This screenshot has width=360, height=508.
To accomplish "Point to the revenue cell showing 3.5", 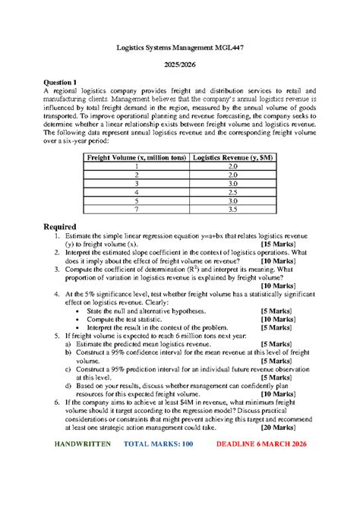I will (x=233, y=209).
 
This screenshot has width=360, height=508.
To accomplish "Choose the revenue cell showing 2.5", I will (x=233, y=191).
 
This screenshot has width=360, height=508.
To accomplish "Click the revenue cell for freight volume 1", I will (x=233, y=166).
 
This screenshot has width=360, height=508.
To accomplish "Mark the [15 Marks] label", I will (x=285, y=245).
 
